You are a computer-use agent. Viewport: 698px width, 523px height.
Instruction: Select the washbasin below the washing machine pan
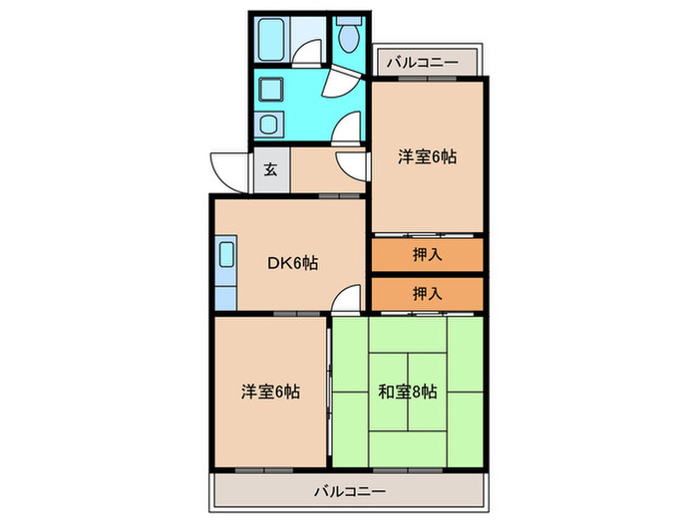(x=270, y=126)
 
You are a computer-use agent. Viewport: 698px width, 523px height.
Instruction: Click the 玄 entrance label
(x=270, y=169)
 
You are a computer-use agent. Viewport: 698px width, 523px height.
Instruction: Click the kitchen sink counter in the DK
(x=224, y=274)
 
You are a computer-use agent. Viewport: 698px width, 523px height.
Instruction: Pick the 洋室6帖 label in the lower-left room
(x=269, y=392)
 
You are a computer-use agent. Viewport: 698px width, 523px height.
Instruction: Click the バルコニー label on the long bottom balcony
(x=344, y=490)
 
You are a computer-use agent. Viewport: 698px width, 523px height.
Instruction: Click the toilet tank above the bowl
(x=348, y=19)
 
